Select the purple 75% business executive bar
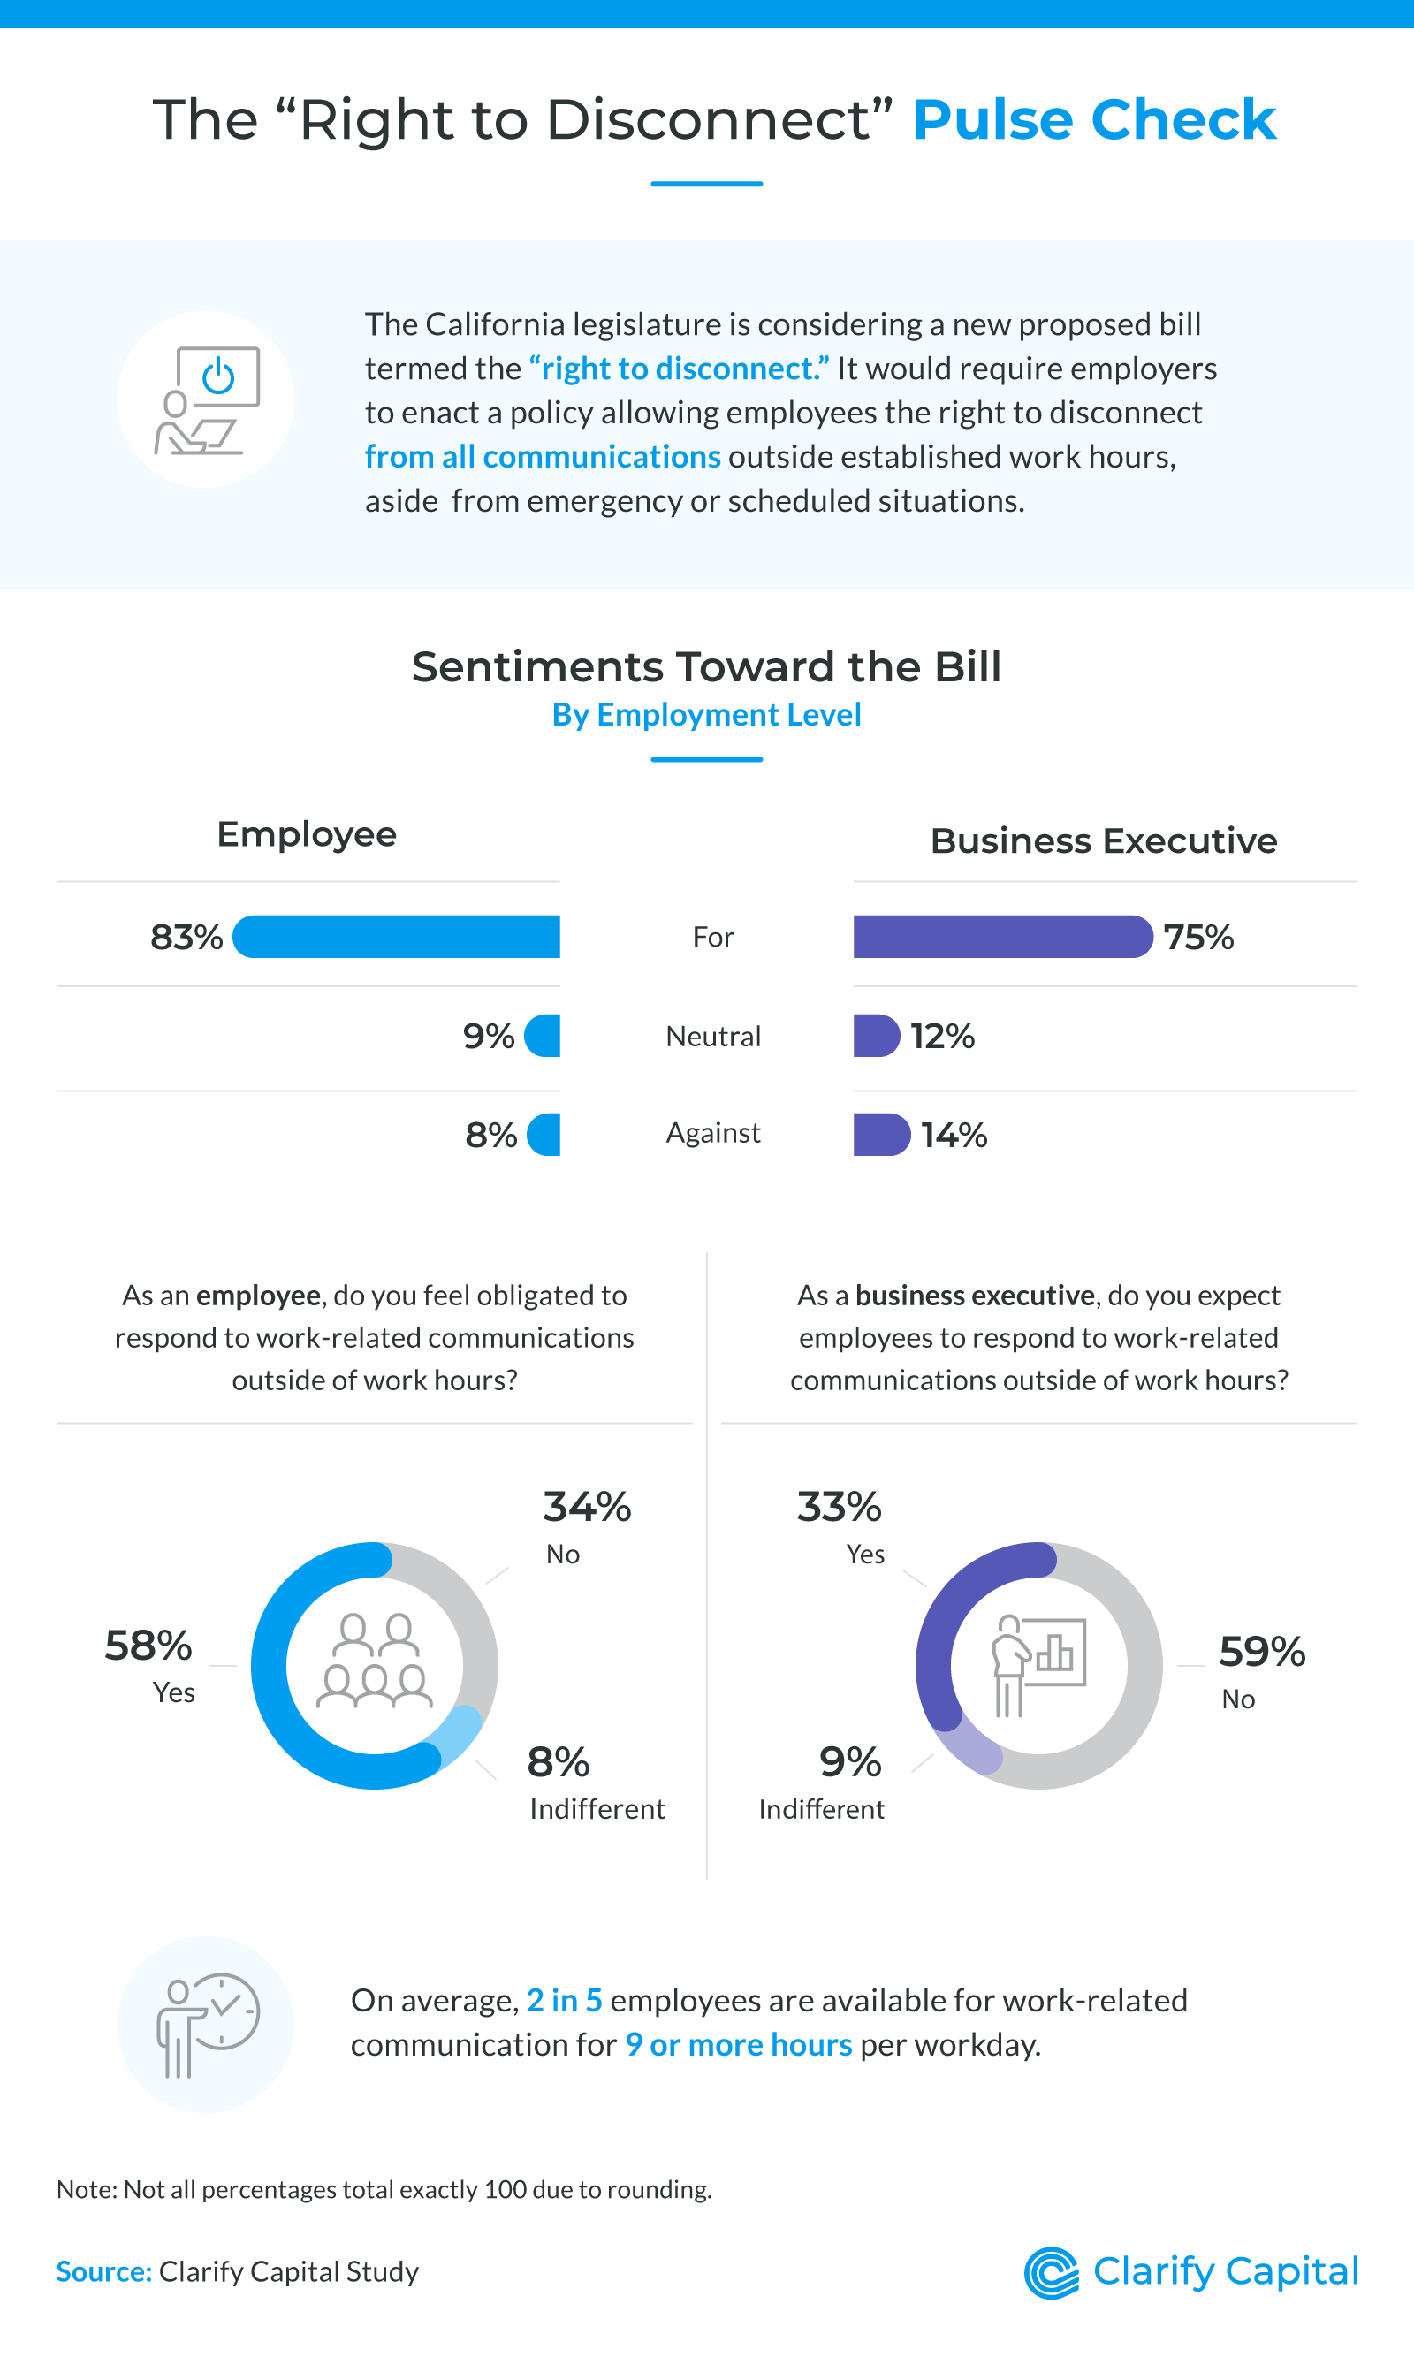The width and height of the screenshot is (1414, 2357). (x=1001, y=937)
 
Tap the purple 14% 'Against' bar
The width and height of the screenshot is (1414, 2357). (x=880, y=1134)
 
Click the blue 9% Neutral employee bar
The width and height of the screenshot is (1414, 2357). (x=544, y=1036)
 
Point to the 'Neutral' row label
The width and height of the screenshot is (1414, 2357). (x=712, y=1037)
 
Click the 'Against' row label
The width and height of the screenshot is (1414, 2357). (x=712, y=1133)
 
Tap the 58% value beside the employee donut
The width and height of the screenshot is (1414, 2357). (x=148, y=1646)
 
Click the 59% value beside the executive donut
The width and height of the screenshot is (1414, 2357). (x=1260, y=1651)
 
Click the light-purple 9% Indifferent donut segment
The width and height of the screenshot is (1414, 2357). (x=967, y=1745)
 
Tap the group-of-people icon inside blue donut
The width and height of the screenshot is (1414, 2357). (x=374, y=1661)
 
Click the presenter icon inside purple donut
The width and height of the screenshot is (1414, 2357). (x=1037, y=1664)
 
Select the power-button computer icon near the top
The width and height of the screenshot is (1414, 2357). (x=207, y=400)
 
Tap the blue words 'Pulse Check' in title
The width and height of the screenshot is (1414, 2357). (x=1094, y=120)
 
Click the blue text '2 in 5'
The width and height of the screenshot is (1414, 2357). (x=564, y=2000)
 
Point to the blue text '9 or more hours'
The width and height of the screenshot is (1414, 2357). (x=739, y=2044)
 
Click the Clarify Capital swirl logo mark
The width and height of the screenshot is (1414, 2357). (x=1050, y=2272)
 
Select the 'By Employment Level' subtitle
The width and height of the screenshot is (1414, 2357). (x=706, y=715)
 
